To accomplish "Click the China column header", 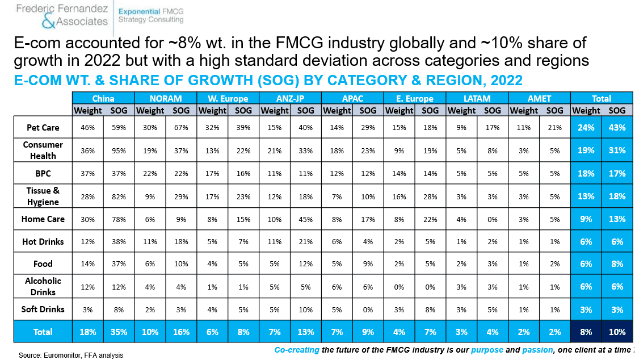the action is tap(103, 98).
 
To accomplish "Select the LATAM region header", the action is tap(477, 98).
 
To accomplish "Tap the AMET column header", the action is tap(539, 98).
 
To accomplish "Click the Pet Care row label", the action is tap(43, 127).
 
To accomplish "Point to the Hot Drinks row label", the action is tap(43, 242).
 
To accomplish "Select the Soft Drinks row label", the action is tap(43, 309).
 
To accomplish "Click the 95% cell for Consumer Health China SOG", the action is tap(119, 150).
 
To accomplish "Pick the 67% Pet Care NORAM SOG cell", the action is tap(181, 127).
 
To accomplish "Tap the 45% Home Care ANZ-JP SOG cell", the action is tap(306, 219).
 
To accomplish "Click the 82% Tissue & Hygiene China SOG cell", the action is tap(119, 196).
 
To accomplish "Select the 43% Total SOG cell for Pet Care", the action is tap(617, 127).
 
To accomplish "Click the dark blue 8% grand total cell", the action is tap(586, 332).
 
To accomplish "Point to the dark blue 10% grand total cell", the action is tap(617, 332).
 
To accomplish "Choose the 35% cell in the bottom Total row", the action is tap(119, 332).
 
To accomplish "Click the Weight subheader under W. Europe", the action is tap(212, 110).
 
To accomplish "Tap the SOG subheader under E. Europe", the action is tap(430, 110).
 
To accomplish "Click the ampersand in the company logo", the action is tap(49, 20).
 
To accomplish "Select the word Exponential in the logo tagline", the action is tap(139, 12).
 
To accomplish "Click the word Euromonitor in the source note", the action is tap(60, 355).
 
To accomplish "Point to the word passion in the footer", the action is tap(537, 349).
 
